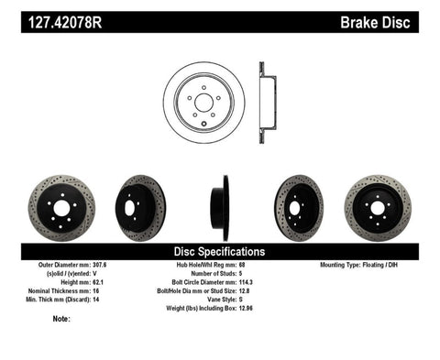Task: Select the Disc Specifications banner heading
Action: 219,251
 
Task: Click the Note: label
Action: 62,320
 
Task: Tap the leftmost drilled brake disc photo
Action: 60,208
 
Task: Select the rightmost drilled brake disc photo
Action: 377,208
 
